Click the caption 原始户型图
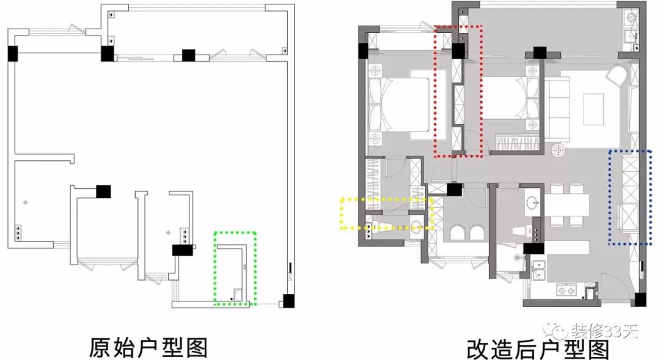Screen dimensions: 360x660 [x=148, y=347]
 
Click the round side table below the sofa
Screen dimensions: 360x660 [x=557, y=150]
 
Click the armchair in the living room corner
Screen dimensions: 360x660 [x=617, y=76]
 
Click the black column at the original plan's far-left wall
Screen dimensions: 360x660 [x=12, y=53]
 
